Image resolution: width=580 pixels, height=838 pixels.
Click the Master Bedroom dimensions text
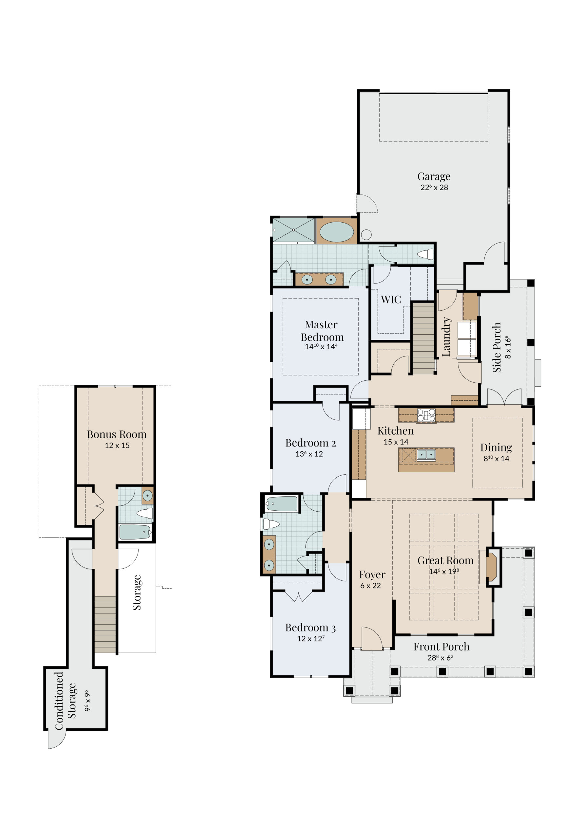coord(321,347)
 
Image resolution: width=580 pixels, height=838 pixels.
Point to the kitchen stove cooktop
coord(426,415)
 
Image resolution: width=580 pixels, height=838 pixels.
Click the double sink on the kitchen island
coord(426,454)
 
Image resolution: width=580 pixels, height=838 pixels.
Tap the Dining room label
coord(496,447)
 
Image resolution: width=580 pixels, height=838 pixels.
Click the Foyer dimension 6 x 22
coord(370,586)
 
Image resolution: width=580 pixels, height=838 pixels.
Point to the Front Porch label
coord(441,647)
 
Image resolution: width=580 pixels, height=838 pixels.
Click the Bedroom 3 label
coord(310,628)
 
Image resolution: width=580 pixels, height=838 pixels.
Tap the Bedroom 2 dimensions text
coord(309,454)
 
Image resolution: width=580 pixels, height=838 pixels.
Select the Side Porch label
coord(497,348)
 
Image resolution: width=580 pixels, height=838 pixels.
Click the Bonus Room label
coord(117,434)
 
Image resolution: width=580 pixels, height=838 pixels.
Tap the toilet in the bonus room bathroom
coord(145,513)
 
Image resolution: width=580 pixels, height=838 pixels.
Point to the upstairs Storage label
coord(137,592)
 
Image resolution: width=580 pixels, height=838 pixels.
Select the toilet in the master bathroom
coord(425,254)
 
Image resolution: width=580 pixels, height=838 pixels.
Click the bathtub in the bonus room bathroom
coord(135,532)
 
